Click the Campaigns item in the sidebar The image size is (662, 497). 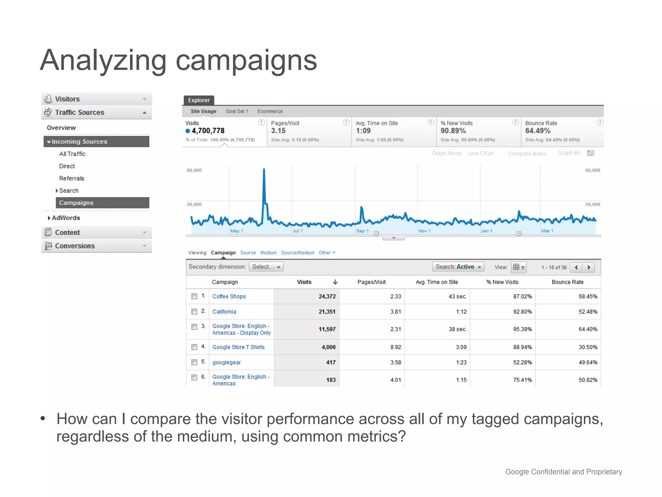coord(76,203)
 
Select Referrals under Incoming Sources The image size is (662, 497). coord(71,178)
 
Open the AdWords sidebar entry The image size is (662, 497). coord(66,218)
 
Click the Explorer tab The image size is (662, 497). coord(199,100)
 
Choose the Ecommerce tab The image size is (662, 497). coord(270,111)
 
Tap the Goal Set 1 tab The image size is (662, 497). coord(237,111)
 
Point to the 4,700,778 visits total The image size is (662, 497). coord(208,131)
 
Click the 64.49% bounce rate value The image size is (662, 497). coord(538,131)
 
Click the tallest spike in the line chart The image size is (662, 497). coord(264,170)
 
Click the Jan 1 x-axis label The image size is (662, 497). coord(486,231)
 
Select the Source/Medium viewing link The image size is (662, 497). coord(297,253)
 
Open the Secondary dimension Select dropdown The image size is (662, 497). coord(266,267)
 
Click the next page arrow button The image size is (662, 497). coord(589,267)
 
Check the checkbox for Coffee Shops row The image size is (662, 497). coord(194,296)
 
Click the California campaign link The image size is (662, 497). coord(224,312)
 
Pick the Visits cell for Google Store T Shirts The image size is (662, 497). coord(328,347)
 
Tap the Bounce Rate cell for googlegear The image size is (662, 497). coord(588,362)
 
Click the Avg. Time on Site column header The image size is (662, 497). coord(437,282)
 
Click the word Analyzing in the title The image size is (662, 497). coord(103,61)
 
